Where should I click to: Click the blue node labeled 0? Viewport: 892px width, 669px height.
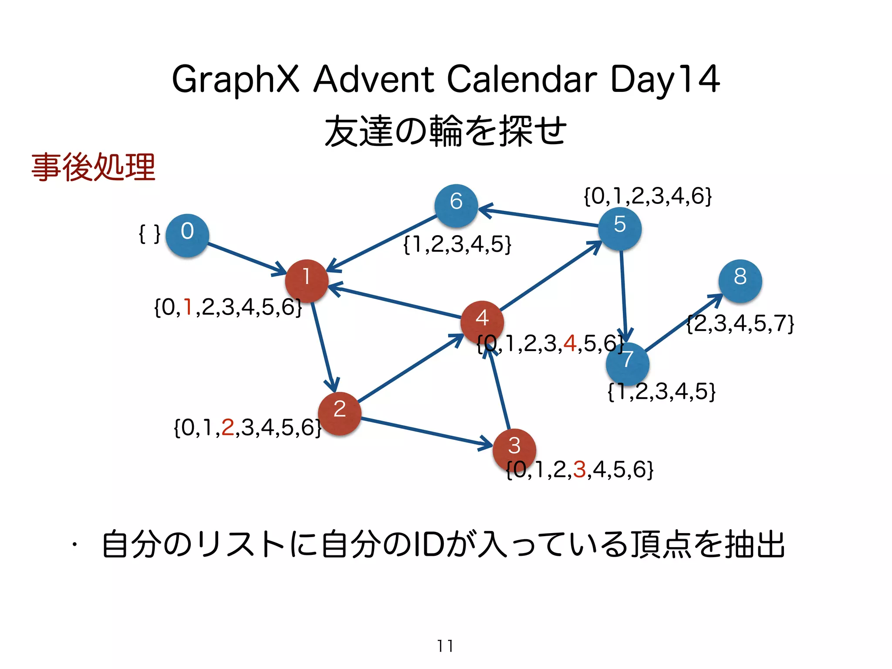(x=187, y=235)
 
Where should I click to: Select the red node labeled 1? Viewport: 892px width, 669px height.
(x=307, y=281)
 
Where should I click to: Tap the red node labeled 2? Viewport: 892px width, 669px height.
(x=340, y=413)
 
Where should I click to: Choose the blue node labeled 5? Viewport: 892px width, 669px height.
(x=619, y=229)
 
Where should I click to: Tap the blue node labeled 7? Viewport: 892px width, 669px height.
(x=628, y=364)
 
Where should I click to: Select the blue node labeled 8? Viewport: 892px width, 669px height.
(x=740, y=281)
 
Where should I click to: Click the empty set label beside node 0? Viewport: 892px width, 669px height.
(x=149, y=234)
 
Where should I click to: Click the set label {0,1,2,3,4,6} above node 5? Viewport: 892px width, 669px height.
(x=648, y=196)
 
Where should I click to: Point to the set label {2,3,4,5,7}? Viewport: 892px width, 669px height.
(x=740, y=324)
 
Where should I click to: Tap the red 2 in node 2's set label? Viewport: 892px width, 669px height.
(x=228, y=427)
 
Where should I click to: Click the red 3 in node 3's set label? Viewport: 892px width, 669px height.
(x=580, y=470)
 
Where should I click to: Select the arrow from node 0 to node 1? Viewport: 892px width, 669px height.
(x=246, y=258)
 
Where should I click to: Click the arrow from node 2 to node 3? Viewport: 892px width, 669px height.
(x=427, y=432)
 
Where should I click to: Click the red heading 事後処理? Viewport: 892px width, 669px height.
(x=93, y=167)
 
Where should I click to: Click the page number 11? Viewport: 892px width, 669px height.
(x=445, y=646)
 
